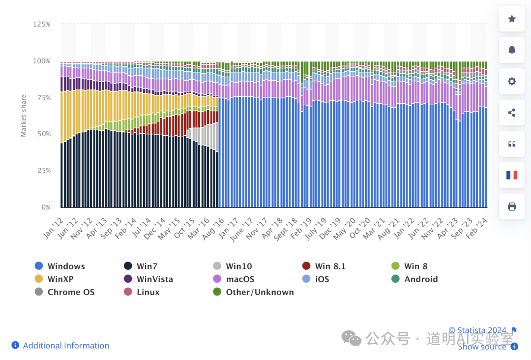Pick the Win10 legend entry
pyautogui.click(x=233, y=266)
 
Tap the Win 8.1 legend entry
pyautogui.click(x=324, y=266)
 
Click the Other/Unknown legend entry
pyautogui.click(x=253, y=292)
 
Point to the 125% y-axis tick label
pyautogui.click(x=42, y=24)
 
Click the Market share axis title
pyautogui.click(x=24, y=116)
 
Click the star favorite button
pyautogui.click(x=512, y=19)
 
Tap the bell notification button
pyautogui.click(x=512, y=50)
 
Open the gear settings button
pyautogui.click(x=512, y=81)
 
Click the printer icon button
pyautogui.click(x=512, y=206)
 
